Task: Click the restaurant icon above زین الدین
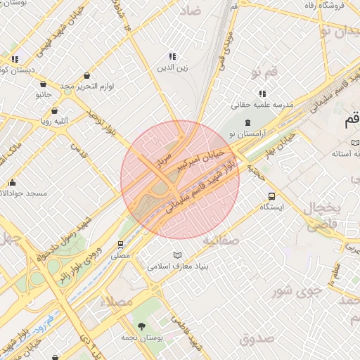pos(172,56)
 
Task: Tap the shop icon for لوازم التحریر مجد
pos(86,75)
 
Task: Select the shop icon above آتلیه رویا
pos(54,110)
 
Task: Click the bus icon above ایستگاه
pos(271,196)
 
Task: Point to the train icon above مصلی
pos(121,245)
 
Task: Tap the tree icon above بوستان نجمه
pos(142,326)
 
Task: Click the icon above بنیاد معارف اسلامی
pos(177,255)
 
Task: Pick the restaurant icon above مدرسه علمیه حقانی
pos(262,93)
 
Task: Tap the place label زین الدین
pos(172,69)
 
